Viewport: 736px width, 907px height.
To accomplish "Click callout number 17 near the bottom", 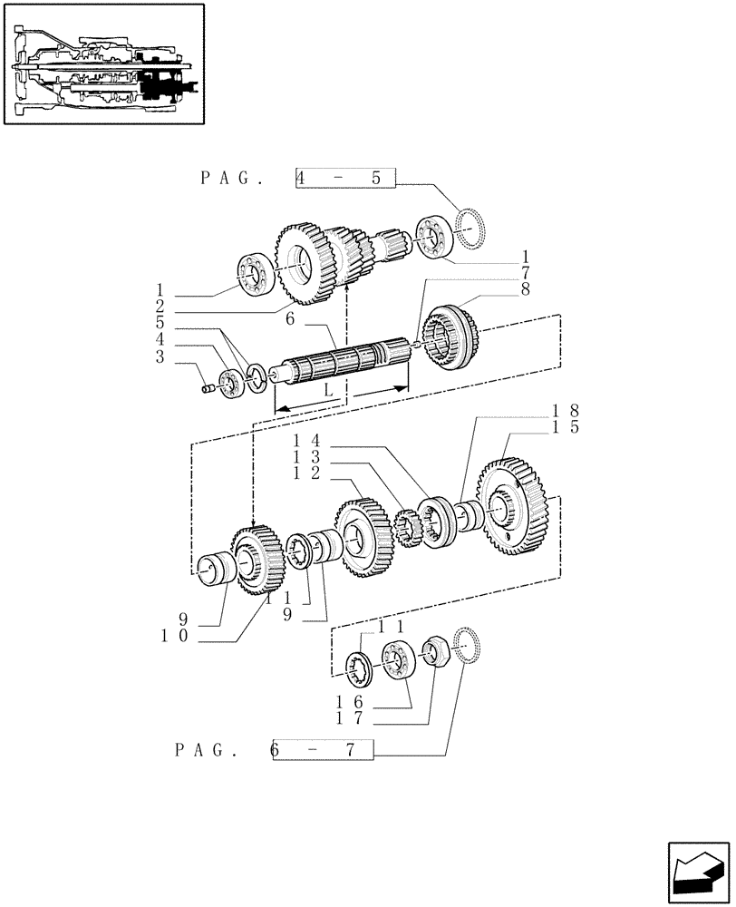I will click(x=346, y=719).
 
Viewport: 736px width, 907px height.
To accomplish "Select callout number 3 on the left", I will click(x=160, y=357).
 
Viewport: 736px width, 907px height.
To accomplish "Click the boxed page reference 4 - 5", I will click(x=345, y=179).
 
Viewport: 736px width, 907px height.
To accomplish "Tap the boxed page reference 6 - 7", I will click(x=322, y=750).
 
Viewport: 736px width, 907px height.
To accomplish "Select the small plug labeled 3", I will click(x=208, y=389).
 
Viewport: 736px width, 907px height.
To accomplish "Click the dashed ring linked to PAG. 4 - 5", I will click(x=471, y=230).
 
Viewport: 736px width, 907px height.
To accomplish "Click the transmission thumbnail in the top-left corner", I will click(x=103, y=63).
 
